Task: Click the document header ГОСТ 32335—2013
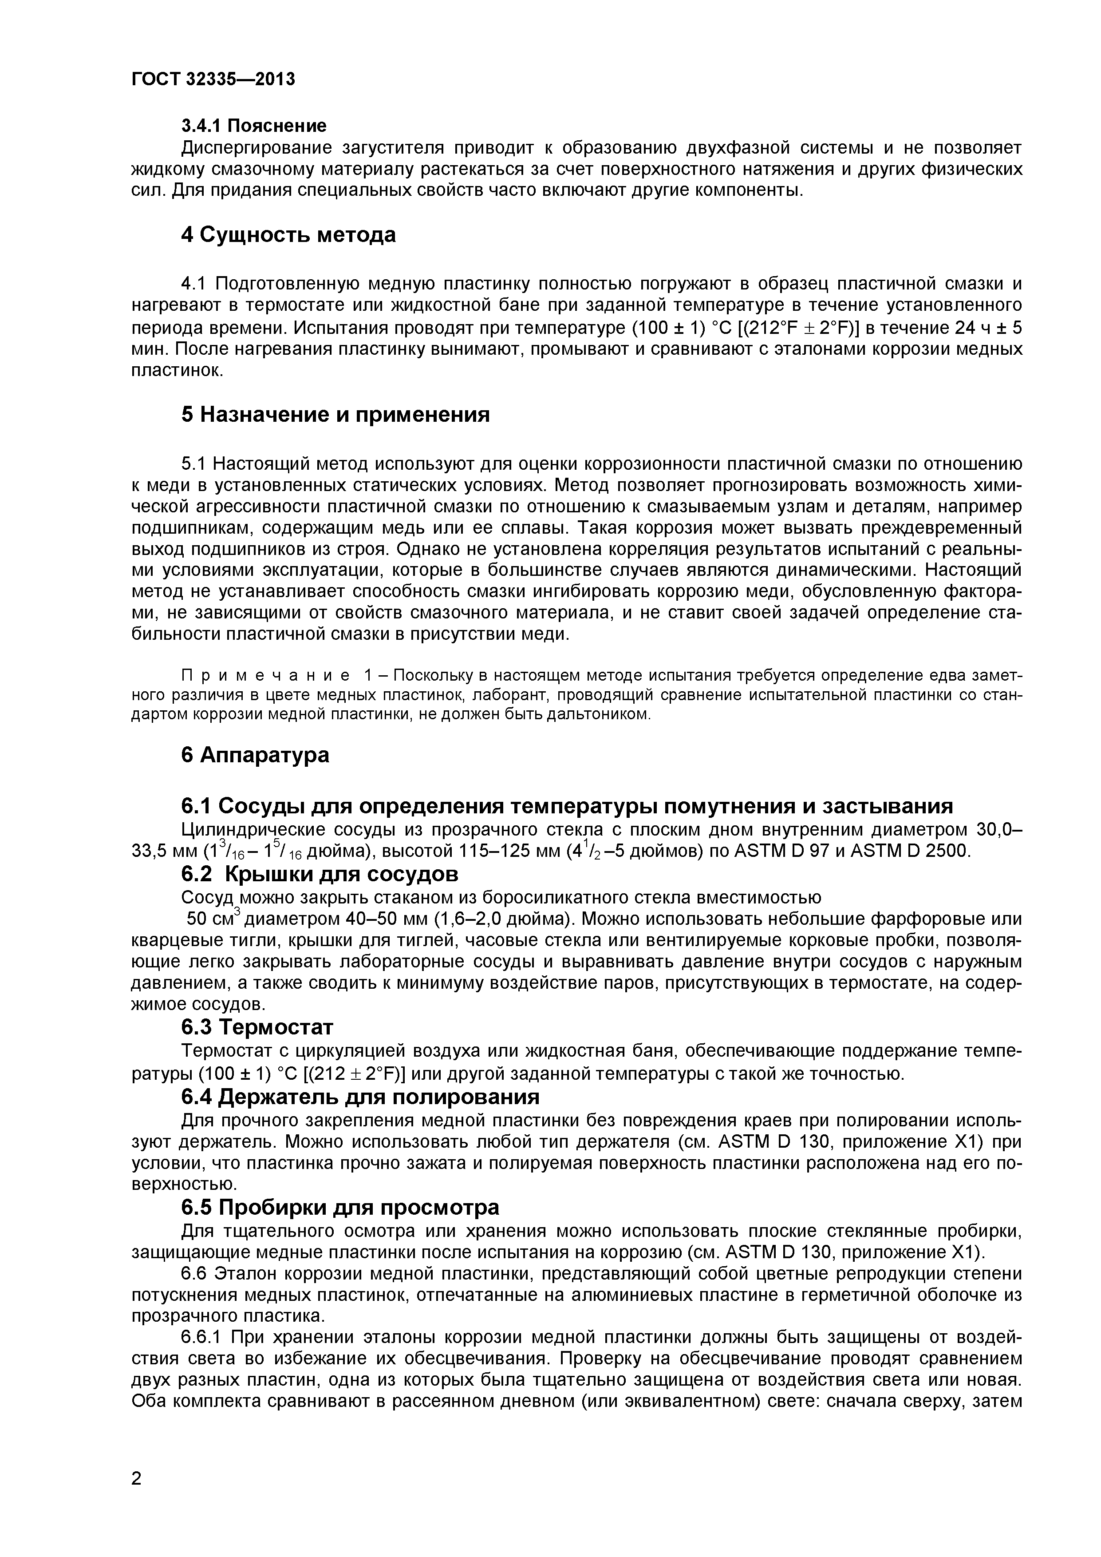[213, 80]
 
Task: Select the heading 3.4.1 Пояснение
[253, 126]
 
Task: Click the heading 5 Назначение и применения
[335, 414]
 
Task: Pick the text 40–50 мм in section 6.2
[370, 919]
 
